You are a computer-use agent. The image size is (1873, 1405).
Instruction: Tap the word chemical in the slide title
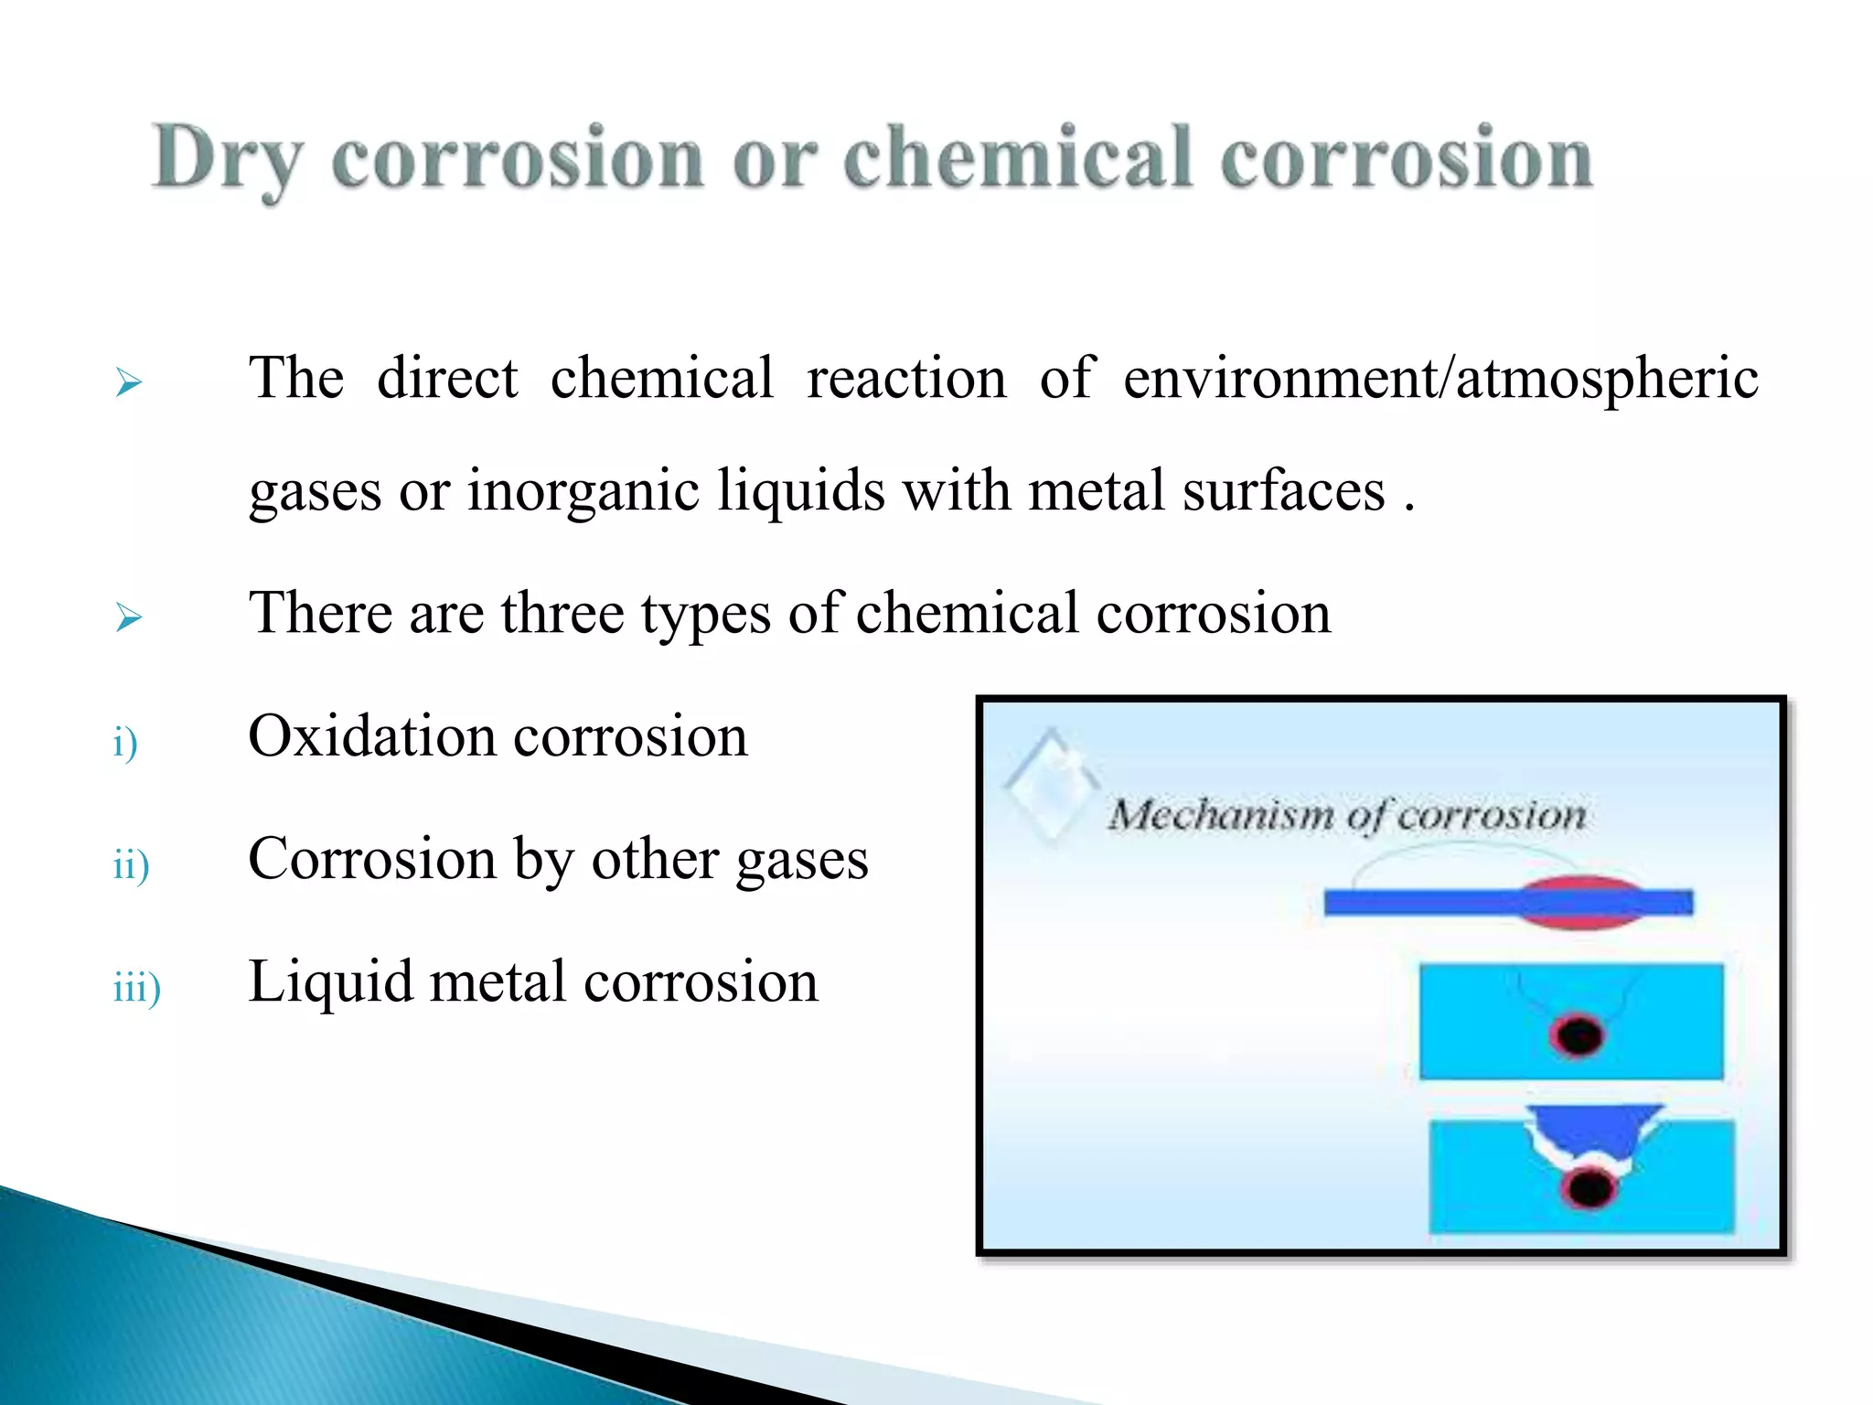point(1018,157)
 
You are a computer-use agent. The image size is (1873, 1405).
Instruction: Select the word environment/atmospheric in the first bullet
point(1440,378)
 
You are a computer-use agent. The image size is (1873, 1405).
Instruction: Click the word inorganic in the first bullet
point(583,491)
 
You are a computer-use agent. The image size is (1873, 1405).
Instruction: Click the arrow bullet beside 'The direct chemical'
point(129,382)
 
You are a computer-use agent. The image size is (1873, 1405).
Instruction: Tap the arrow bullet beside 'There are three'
point(129,618)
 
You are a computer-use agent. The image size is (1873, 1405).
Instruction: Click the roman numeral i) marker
point(125,742)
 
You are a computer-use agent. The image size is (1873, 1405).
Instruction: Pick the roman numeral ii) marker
point(131,864)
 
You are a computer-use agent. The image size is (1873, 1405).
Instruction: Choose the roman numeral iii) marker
point(136,988)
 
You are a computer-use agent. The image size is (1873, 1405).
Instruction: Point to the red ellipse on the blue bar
point(1579,903)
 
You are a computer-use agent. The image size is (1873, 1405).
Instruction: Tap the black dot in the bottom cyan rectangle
point(1589,1188)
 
